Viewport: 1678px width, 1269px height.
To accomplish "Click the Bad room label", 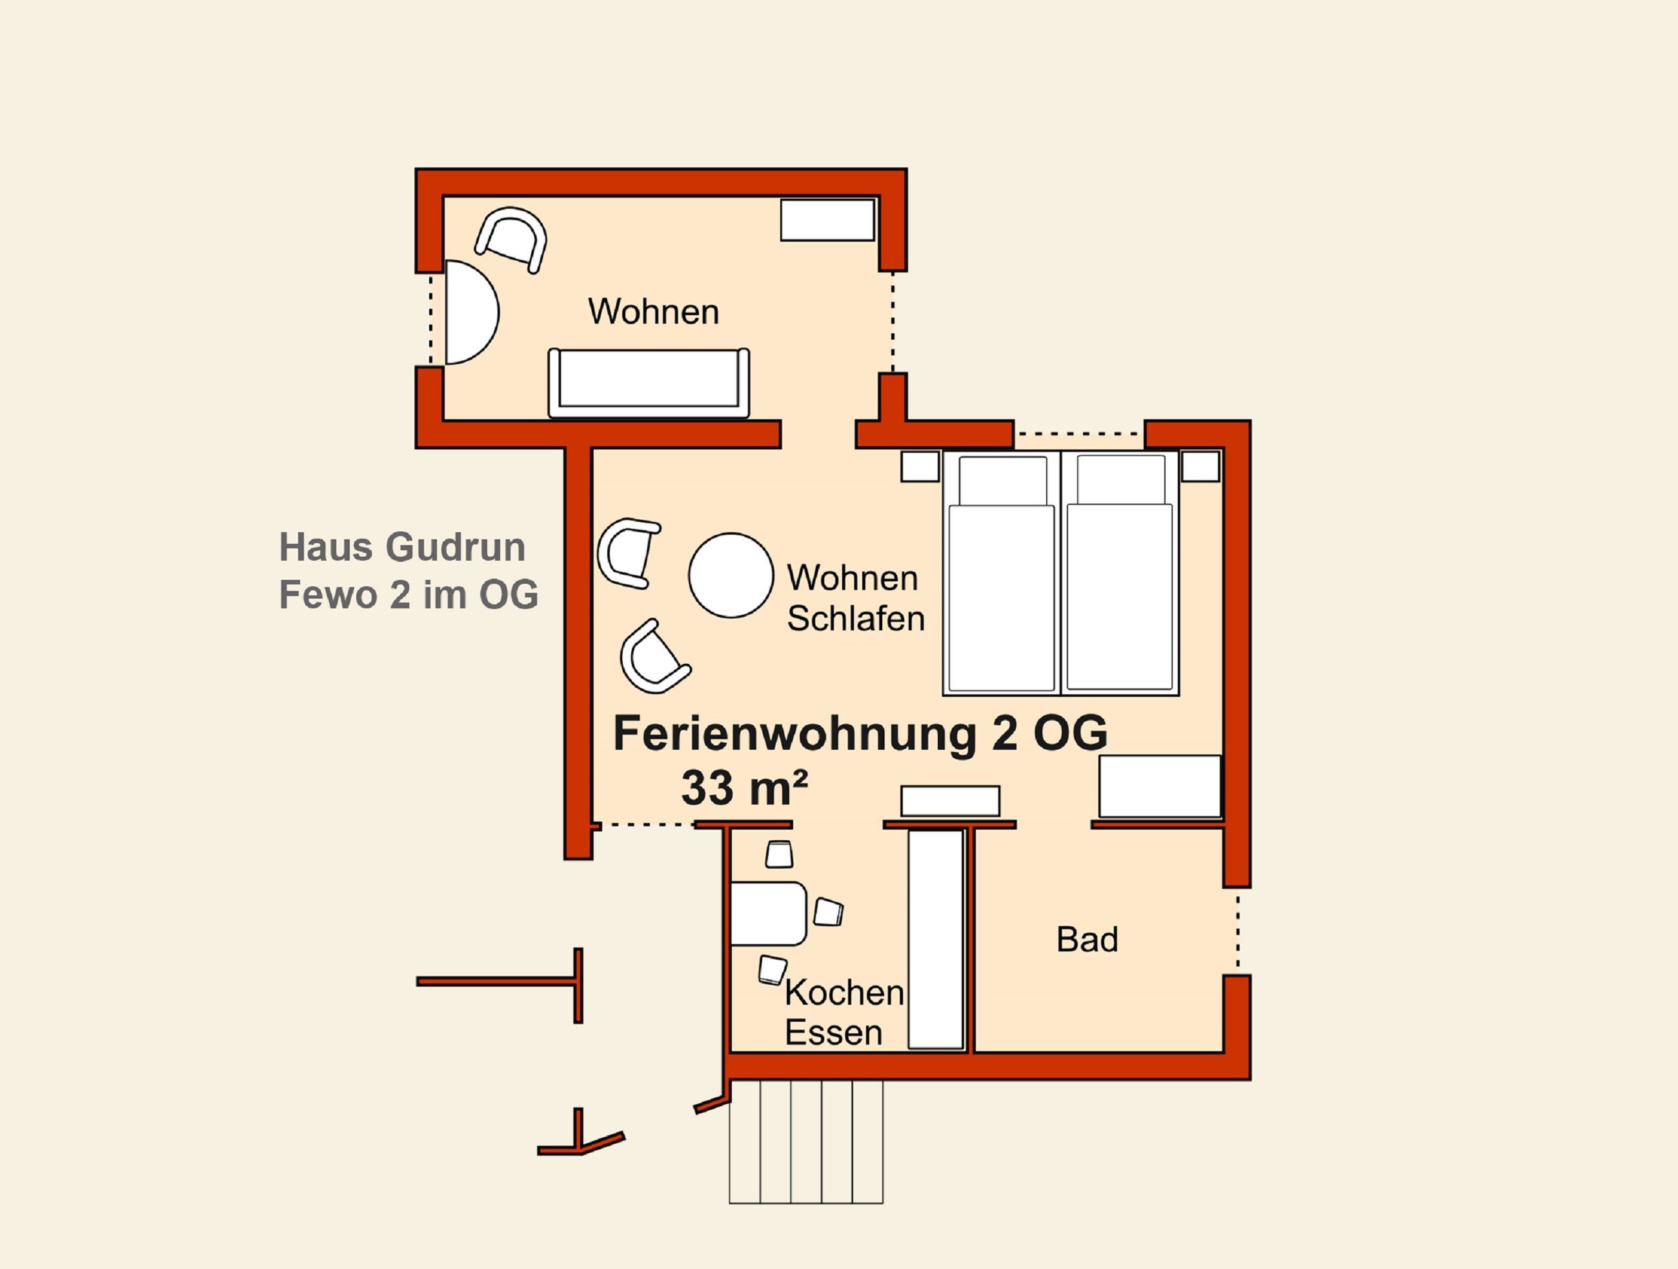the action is pyautogui.click(x=1087, y=940).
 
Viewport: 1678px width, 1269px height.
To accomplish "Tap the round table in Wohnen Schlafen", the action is pyautogui.click(x=731, y=575).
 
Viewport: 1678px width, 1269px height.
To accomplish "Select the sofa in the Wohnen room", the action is pyautogui.click(x=649, y=382).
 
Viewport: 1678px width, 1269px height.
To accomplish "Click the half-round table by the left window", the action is pyautogui.click(x=471, y=313).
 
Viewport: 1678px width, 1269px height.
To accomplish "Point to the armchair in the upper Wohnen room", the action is pyautogui.click(x=510, y=240).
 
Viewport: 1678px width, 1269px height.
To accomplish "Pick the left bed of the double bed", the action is pyautogui.click(x=1002, y=573).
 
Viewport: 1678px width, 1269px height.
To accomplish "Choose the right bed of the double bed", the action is pyautogui.click(x=1120, y=573).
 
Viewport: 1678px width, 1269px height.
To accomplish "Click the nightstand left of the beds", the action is pyautogui.click(x=920, y=466).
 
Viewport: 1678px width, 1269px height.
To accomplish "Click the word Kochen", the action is pyautogui.click(x=844, y=993).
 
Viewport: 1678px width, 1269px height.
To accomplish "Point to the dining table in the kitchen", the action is pyautogui.click(x=769, y=914).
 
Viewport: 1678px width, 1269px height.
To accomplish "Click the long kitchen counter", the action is pyautogui.click(x=936, y=940).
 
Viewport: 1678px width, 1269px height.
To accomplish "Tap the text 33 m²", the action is pyautogui.click(x=744, y=788).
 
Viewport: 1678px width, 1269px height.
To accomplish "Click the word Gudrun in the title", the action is pyautogui.click(x=455, y=547).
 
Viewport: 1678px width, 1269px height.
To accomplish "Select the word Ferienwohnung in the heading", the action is pyautogui.click(x=794, y=734).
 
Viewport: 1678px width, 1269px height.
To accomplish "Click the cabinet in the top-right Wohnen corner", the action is pyautogui.click(x=827, y=220).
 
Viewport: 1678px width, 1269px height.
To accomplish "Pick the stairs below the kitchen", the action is pyautogui.click(x=806, y=1142).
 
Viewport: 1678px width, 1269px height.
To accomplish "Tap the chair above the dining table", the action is pyautogui.click(x=779, y=854).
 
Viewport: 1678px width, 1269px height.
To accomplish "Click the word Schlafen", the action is pyautogui.click(x=856, y=619).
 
